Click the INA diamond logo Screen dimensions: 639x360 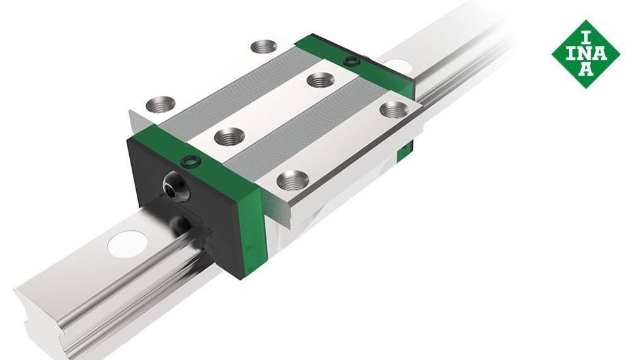[x=585, y=54]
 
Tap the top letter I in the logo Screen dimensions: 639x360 [x=585, y=38]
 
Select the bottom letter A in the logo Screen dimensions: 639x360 [x=586, y=69]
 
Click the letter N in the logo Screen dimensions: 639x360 [x=585, y=54]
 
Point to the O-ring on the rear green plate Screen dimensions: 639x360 [x=350, y=62]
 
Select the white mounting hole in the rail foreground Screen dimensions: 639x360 [x=127, y=244]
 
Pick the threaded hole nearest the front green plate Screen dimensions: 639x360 [x=229, y=136]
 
